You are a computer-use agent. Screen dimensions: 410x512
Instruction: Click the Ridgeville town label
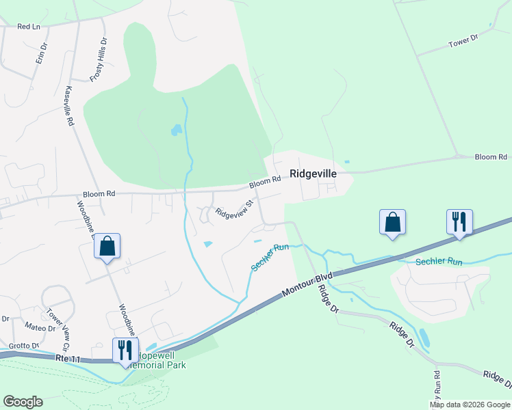click(x=313, y=174)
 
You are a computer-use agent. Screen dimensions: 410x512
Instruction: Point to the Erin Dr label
click(x=42, y=53)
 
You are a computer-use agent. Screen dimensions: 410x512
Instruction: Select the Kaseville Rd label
click(x=68, y=106)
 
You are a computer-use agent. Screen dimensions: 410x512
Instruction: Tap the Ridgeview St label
click(x=235, y=208)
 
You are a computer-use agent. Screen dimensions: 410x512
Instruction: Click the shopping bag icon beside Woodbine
click(x=107, y=246)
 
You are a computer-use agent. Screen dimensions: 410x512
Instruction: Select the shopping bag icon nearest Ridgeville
click(x=393, y=222)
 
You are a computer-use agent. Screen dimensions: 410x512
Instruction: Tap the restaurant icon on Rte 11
click(x=125, y=350)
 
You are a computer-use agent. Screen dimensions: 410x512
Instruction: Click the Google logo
click(x=23, y=402)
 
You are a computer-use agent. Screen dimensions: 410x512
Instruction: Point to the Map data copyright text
click(x=470, y=405)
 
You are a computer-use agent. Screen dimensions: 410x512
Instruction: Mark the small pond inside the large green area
click(x=176, y=129)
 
